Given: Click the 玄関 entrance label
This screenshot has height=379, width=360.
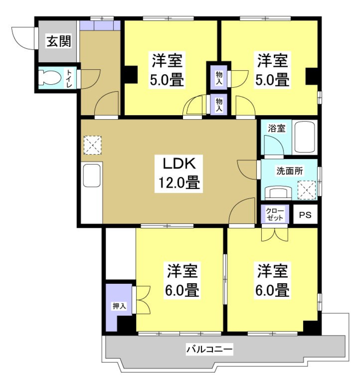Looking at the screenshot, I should (58, 42).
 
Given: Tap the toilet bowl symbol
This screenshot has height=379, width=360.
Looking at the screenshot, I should (50, 78).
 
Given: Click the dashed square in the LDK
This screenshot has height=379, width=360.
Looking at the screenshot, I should (92, 145).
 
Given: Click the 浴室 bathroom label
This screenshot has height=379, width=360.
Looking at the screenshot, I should (277, 128).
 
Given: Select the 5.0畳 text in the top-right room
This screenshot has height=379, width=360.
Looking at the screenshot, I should (273, 80).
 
